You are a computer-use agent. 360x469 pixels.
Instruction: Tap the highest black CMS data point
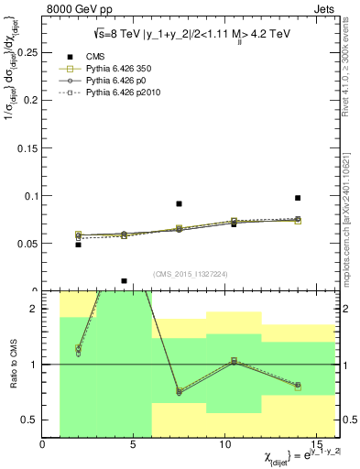point(298,198)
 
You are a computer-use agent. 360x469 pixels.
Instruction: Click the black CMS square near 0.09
point(179,203)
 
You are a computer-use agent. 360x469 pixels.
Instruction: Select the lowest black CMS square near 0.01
point(124,281)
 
